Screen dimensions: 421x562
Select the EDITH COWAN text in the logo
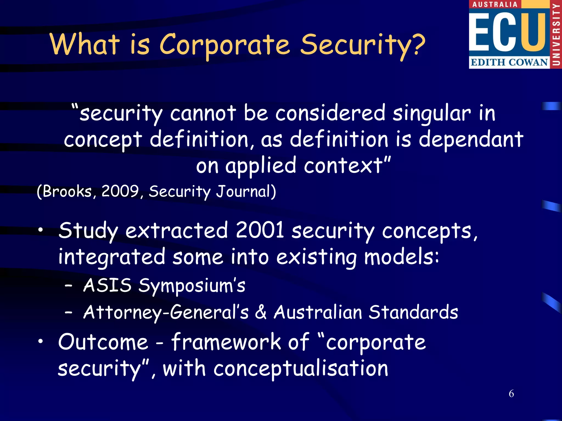tap(509, 62)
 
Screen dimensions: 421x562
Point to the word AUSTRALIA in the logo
tap(494, 4)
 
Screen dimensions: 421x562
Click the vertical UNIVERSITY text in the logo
tap(556, 34)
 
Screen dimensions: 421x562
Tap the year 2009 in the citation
tap(120, 191)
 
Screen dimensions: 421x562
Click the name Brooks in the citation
tap(67, 191)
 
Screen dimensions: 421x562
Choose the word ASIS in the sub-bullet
tap(107, 285)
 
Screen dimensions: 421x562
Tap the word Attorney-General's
tap(166, 312)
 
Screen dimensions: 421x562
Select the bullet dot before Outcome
tap(41, 341)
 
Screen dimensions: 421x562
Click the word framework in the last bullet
tap(226, 342)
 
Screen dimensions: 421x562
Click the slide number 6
tap(511, 394)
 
